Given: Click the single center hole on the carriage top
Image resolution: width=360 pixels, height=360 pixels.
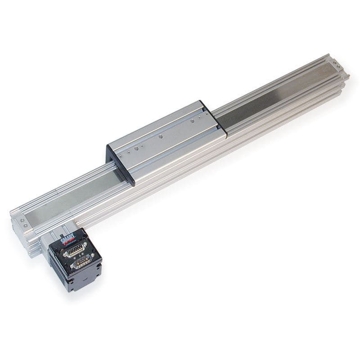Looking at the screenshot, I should point(160,135).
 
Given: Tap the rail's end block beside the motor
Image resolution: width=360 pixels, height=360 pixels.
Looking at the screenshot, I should point(22,225).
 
